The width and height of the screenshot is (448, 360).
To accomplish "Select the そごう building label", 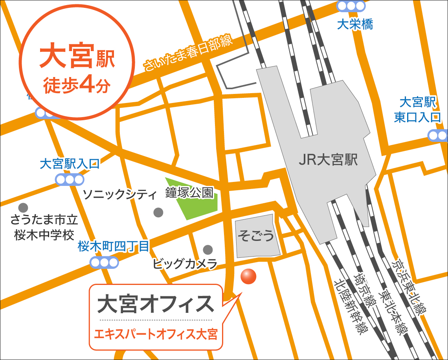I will [x=256, y=236].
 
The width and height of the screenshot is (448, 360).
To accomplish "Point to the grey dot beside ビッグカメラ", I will [x=208, y=250].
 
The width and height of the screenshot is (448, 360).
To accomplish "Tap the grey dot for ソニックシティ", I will [x=158, y=213].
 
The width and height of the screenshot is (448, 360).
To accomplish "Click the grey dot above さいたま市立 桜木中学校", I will [x=24, y=207].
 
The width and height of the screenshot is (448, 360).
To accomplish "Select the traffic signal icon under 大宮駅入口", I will [x=70, y=180].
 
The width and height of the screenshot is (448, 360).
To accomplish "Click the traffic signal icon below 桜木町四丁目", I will [x=104, y=262].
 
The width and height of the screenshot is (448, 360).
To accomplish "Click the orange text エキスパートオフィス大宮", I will [x=156, y=335].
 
